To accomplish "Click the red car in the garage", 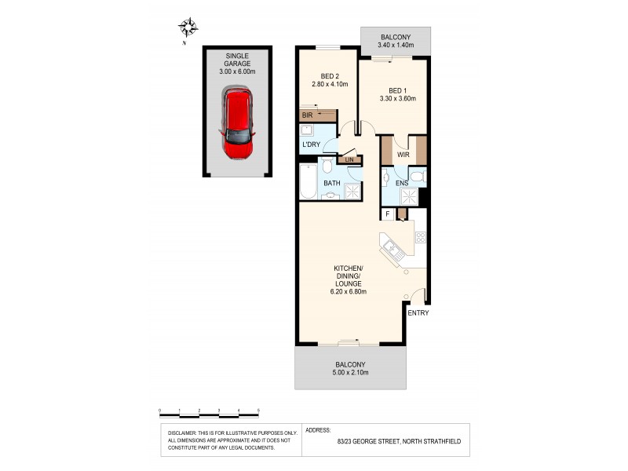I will pos(238,123).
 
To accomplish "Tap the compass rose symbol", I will pos(188,29).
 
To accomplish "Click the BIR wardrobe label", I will pos(308,115).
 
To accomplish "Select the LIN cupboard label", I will pos(350,160).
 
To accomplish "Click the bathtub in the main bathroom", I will pos(307,182).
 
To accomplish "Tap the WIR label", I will pos(403,155).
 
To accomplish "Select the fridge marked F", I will pos(387,214).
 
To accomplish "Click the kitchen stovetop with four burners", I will pos(420,235).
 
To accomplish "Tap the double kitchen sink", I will pos(392,250).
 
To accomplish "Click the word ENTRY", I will pos(418,312).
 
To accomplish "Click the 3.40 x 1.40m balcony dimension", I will pos(396,46).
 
